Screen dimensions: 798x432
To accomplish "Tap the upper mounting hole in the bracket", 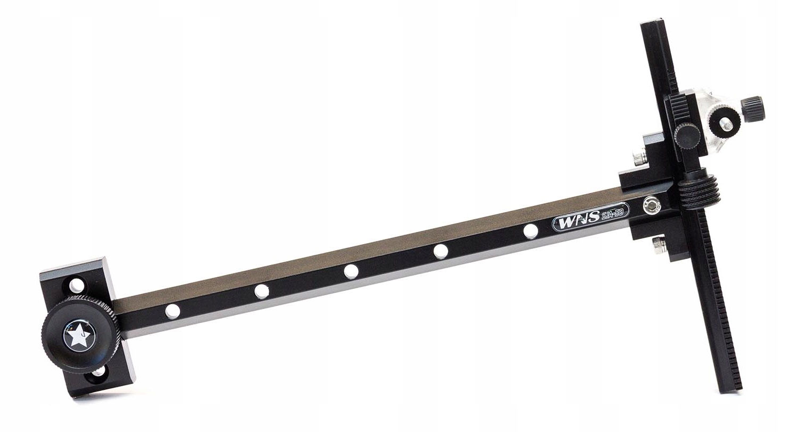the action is [76, 285].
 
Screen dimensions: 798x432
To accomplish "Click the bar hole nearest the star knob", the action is [173, 311].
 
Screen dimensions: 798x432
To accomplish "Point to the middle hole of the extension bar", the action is [351, 271].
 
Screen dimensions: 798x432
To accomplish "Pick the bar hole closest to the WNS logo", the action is [531, 231].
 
